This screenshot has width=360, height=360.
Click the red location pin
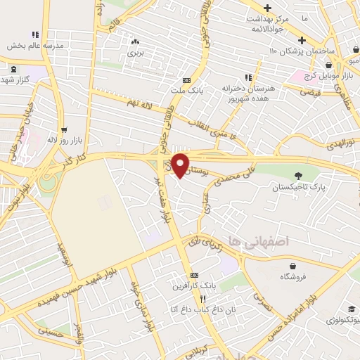[181, 165]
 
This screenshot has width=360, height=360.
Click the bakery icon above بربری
[135, 41]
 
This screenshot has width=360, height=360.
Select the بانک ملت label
[186, 90]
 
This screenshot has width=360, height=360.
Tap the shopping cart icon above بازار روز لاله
[65, 129]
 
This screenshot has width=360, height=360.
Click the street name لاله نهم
[139, 103]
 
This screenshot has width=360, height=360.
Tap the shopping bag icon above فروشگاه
[292, 264]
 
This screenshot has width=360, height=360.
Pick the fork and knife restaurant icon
[202, 298]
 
